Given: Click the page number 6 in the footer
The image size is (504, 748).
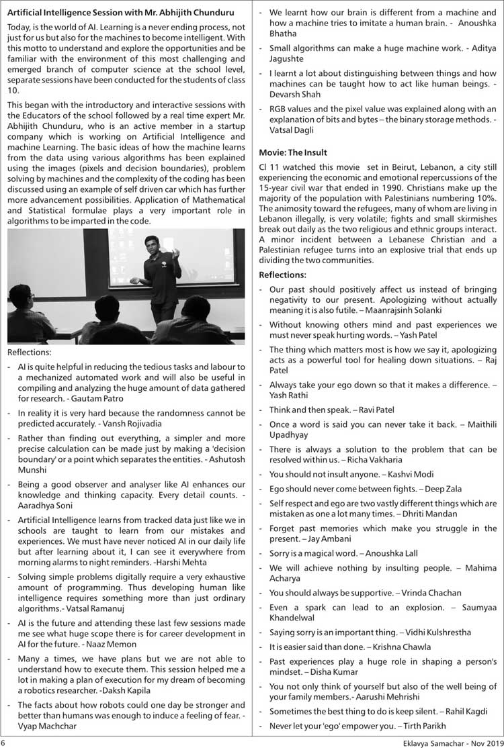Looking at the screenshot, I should tap(4, 743).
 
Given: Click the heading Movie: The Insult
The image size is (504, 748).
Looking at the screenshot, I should tap(294, 152).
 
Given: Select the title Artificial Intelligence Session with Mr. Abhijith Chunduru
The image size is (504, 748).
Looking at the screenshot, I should tap(119, 12).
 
